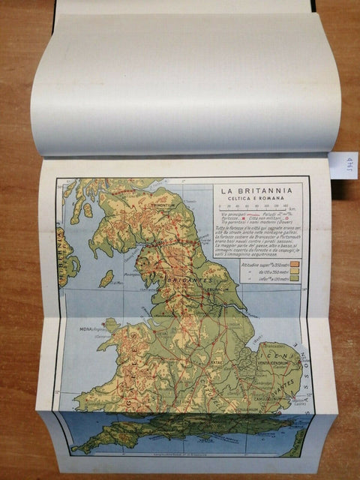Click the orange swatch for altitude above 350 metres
pos(295,264)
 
